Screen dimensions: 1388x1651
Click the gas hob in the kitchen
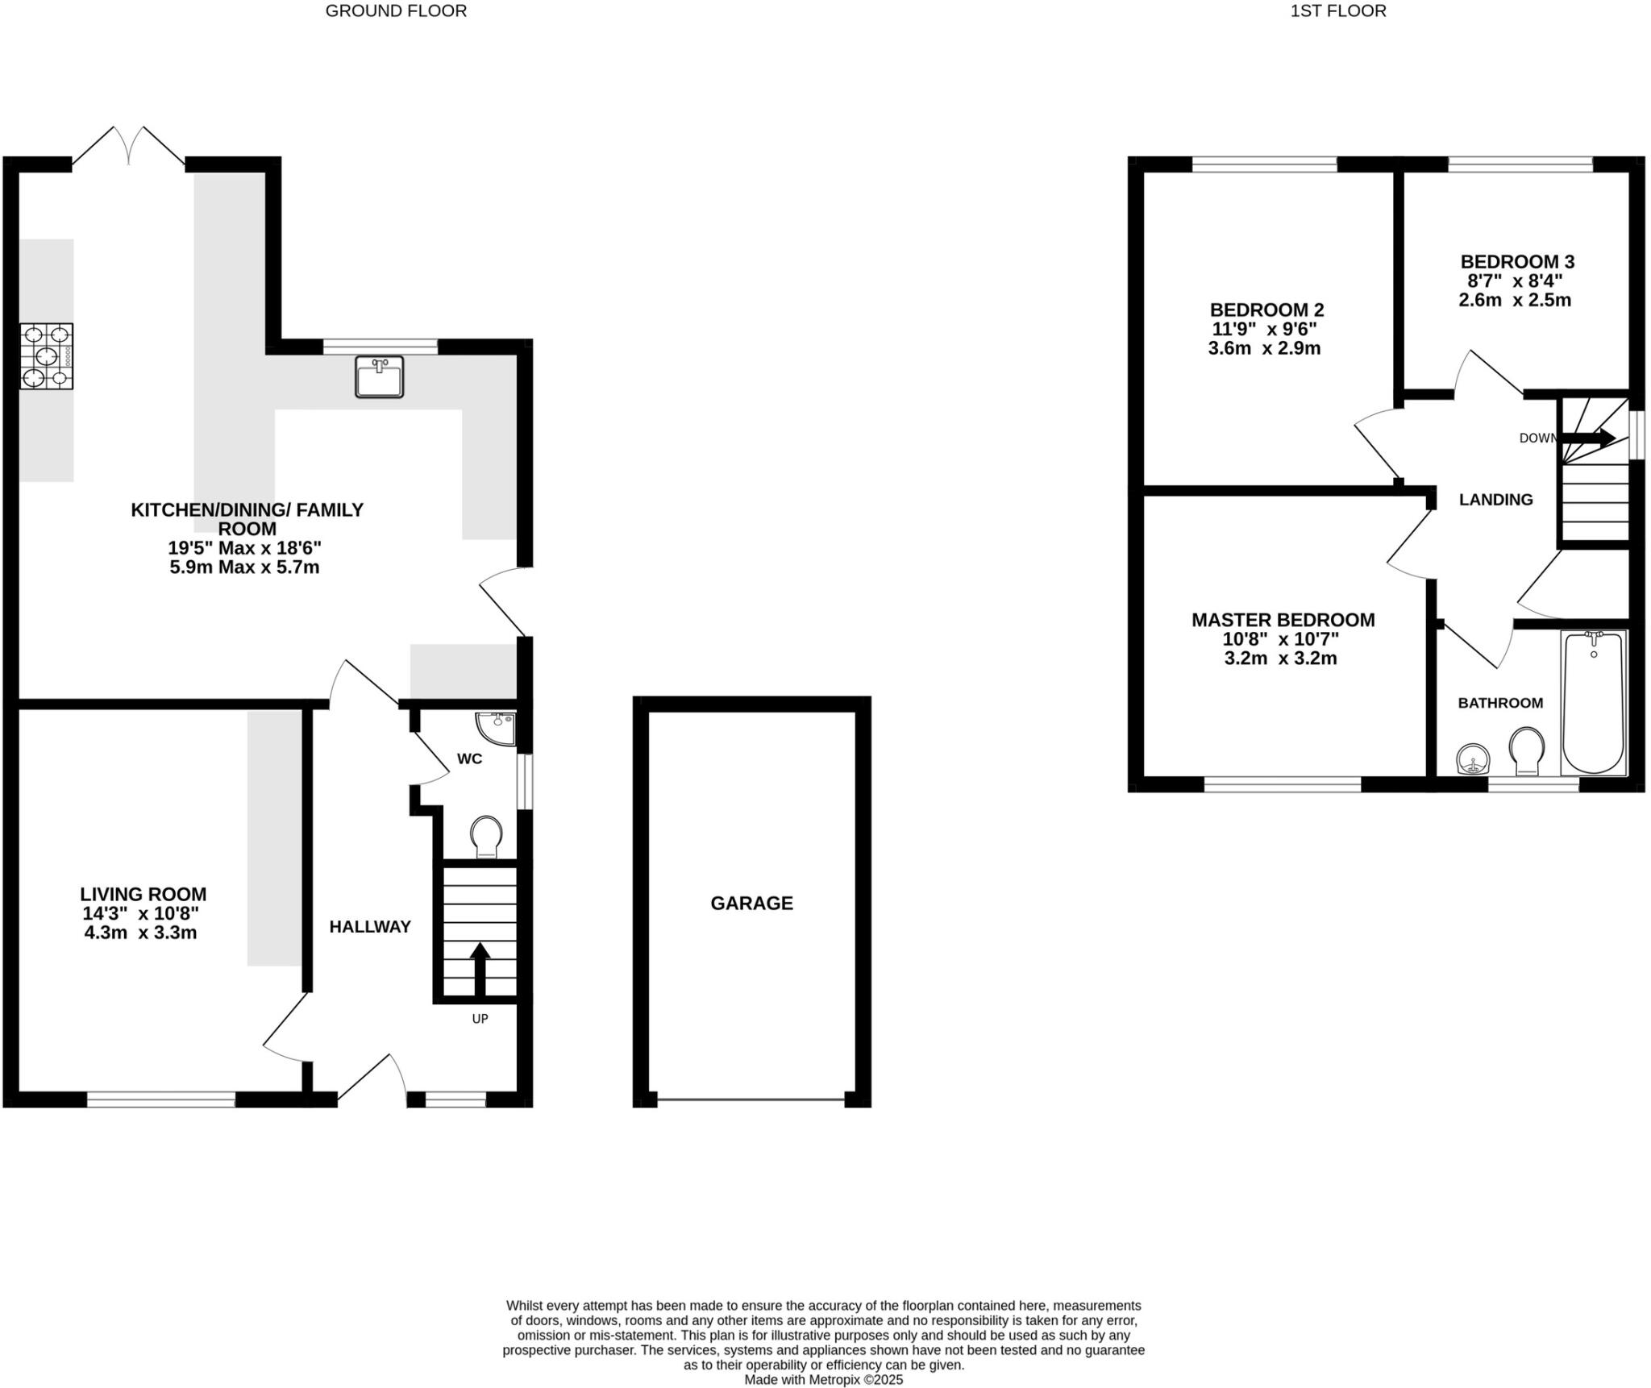(x=47, y=355)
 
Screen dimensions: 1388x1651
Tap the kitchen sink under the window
(x=379, y=376)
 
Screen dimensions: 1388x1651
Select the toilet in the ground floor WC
(x=486, y=837)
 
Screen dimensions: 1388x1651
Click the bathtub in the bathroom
(x=1593, y=702)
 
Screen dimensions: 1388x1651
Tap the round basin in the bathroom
(x=1474, y=758)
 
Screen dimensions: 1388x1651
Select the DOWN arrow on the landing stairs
(x=1589, y=438)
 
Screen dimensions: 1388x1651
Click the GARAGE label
(x=751, y=903)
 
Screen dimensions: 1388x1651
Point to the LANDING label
(x=1495, y=500)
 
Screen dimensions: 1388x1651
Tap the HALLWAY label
(x=370, y=927)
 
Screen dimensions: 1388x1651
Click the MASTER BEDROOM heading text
(x=1283, y=620)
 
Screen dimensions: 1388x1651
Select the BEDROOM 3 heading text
(x=1516, y=262)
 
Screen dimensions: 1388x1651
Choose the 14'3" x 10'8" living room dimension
(x=140, y=913)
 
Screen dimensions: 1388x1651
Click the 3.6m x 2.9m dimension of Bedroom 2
(x=1264, y=349)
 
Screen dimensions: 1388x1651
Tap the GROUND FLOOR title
(x=396, y=10)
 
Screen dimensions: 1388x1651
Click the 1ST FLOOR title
(x=1338, y=10)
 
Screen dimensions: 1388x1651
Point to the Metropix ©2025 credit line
(x=823, y=1379)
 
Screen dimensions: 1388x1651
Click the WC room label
(x=469, y=758)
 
